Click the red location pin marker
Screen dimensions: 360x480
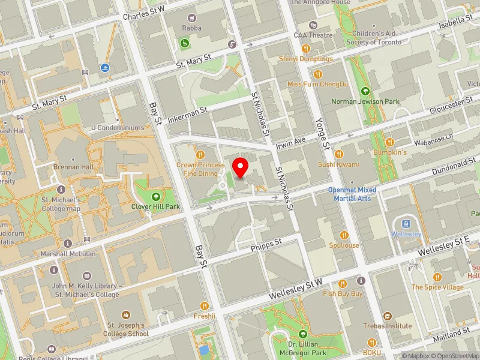point(241,167)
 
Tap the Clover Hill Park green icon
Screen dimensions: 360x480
point(156,196)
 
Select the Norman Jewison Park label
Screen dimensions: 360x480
point(365,101)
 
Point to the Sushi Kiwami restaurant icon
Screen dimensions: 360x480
point(338,154)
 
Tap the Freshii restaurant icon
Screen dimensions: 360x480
point(205,305)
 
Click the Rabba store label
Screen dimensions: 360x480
point(193,28)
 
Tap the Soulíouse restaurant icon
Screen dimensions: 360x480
point(344,235)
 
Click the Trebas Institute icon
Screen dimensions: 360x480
point(387,316)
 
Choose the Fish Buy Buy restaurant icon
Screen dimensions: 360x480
point(343,283)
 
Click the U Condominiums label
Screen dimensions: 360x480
point(118,128)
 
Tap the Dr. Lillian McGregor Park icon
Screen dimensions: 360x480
point(302,333)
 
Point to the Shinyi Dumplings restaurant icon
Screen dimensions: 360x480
point(305,49)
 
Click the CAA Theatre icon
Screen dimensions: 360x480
point(313,25)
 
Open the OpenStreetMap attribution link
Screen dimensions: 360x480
point(454,355)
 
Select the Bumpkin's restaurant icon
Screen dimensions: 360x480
point(390,142)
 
